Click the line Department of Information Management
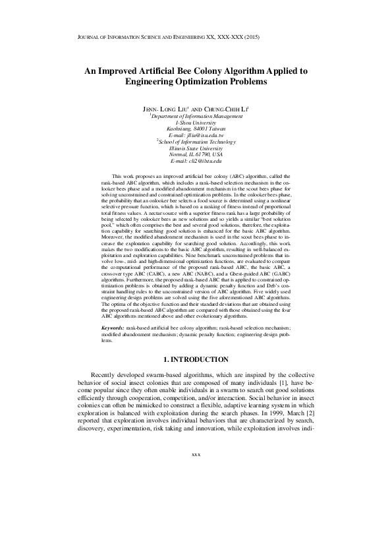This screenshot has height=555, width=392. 196,116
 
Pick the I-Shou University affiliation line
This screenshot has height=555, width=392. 196,123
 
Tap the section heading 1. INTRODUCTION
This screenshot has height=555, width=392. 196,359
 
